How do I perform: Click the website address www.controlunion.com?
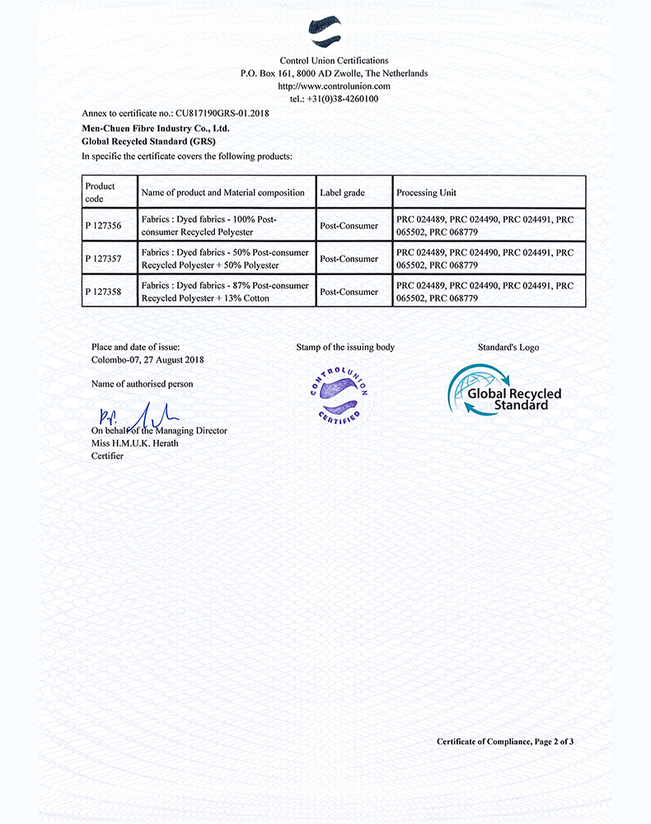pyautogui.click(x=334, y=86)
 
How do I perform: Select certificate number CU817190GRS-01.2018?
pyautogui.click(x=222, y=113)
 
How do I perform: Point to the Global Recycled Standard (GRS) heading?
pyautogui.click(x=149, y=142)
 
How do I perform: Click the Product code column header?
pyautogui.click(x=101, y=192)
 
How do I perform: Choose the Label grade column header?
pyautogui.click(x=343, y=193)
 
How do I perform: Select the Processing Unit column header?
pyautogui.click(x=426, y=193)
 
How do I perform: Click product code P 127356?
pyautogui.click(x=103, y=226)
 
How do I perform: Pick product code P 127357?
pyautogui.click(x=103, y=259)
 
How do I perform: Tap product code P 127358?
pyautogui.click(x=103, y=292)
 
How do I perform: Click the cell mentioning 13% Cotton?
pyautogui.click(x=225, y=292)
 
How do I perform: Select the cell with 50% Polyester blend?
pyautogui.click(x=225, y=259)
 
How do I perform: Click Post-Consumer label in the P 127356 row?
pyautogui.click(x=349, y=226)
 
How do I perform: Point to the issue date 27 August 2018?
pyautogui.click(x=165, y=359)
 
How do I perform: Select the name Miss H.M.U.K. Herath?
pyautogui.click(x=134, y=443)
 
